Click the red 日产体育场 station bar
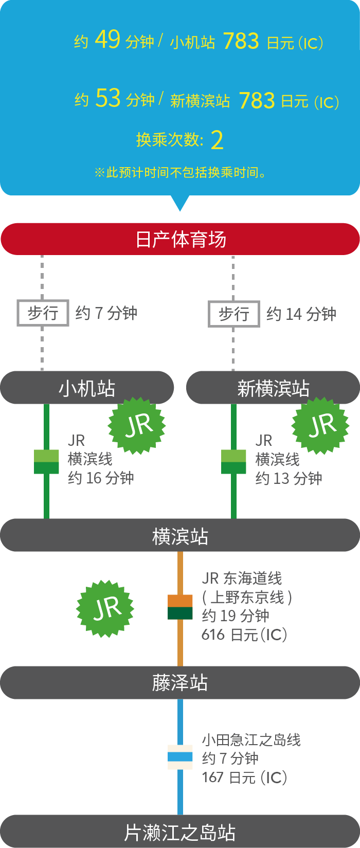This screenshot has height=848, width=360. (x=180, y=239)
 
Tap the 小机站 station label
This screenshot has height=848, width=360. (x=87, y=388)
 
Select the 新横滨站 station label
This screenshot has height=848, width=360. (x=273, y=388)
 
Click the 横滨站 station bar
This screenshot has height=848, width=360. (x=180, y=535)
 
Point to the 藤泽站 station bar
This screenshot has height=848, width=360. (x=180, y=683)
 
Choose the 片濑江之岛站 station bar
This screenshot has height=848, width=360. (x=180, y=832)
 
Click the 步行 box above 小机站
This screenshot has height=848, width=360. (x=43, y=313)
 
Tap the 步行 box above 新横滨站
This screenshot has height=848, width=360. (x=234, y=314)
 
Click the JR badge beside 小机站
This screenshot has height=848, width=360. (x=137, y=426)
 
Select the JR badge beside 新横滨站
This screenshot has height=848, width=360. (x=320, y=426)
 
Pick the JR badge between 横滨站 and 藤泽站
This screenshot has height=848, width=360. (x=105, y=609)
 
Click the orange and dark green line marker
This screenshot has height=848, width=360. (x=180, y=607)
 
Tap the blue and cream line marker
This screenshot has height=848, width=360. (x=180, y=757)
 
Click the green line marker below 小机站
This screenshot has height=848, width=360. (x=46, y=461)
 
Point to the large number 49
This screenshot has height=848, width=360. (x=107, y=40)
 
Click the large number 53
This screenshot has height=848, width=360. (x=108, y=98)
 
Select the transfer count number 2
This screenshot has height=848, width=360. (x=217, y=140)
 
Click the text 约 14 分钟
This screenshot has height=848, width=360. (x=301, y=314)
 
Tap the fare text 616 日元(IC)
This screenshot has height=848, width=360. (x=244, y=635)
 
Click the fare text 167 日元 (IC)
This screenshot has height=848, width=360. (x=244, y=777)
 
